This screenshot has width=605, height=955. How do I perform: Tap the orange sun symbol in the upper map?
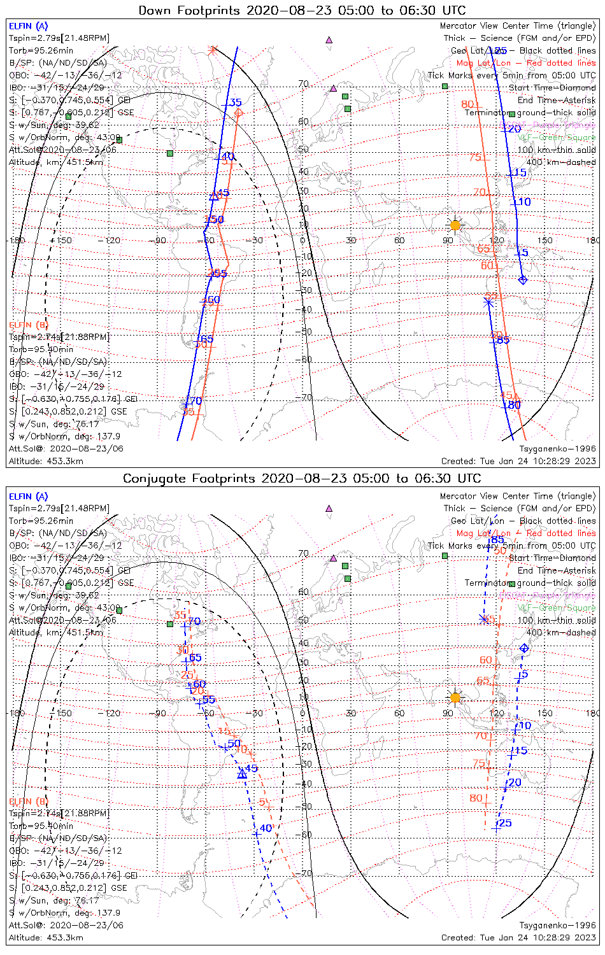pos(455,225)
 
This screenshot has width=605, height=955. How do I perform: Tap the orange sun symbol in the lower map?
pos(455,698)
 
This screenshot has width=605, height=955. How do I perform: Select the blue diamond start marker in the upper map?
pos(523,279)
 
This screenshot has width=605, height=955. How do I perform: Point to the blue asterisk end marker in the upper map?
pos(488,302)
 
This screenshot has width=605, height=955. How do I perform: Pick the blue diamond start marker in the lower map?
pos(524,648)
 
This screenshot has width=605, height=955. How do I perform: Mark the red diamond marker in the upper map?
pos(238,113)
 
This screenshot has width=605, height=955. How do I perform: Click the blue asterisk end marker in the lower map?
pos(483,619)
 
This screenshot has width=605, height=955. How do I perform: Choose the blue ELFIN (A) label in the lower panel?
pos(29,497)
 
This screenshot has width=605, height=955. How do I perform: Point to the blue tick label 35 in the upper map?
pos(236,103)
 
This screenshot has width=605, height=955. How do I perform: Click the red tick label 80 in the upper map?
pos(467,104)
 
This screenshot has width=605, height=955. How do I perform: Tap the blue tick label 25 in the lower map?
pos(505,823)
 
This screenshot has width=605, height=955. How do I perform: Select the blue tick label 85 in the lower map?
pos(498,541)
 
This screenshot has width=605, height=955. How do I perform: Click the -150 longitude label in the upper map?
pos(64,240)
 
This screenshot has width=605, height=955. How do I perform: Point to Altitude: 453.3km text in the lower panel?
pos(46,937)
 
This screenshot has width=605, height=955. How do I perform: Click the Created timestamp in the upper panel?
pos(518,461)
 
